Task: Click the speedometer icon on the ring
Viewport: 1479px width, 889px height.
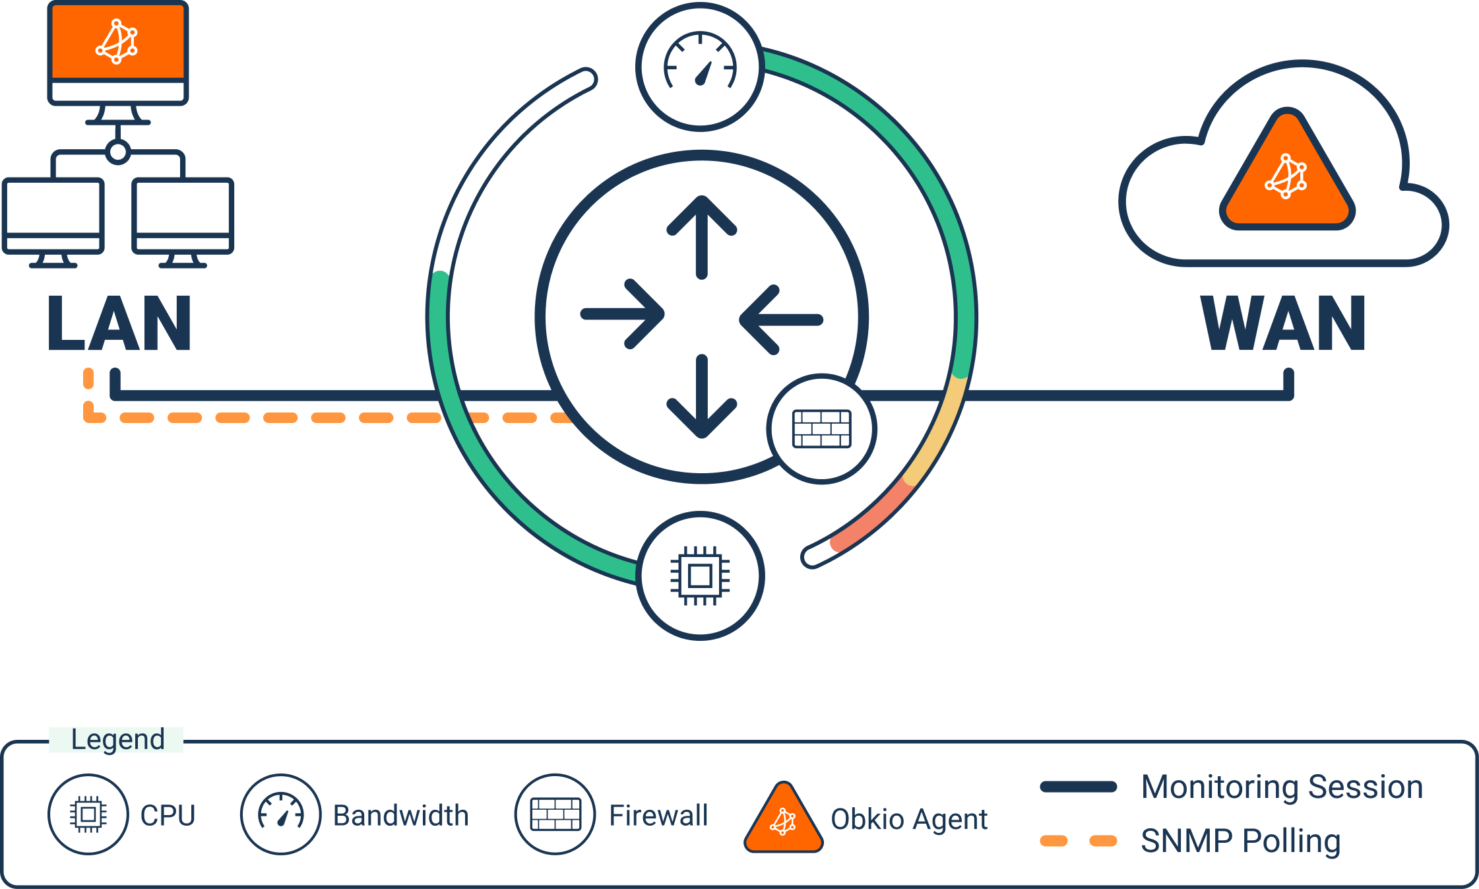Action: pos(700,67)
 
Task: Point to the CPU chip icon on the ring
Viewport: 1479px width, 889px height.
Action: pos(700,576)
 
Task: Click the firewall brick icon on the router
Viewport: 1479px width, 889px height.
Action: pos(821,429)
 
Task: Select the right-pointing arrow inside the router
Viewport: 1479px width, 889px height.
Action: pos(623,315)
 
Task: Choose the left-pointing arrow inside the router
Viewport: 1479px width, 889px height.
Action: pos(780,319)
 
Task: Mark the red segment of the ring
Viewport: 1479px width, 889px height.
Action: pos(871,515)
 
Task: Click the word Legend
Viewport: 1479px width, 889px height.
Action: pos(117,739)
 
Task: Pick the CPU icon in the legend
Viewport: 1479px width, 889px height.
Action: pos(88,814)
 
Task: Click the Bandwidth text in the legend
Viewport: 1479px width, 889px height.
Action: pos(400,816)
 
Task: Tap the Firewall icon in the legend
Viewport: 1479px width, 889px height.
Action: pos(555,814)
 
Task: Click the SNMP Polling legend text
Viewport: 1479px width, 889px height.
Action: pos(1240,841)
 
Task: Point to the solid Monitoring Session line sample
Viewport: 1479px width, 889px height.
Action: pos(1078,787)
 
